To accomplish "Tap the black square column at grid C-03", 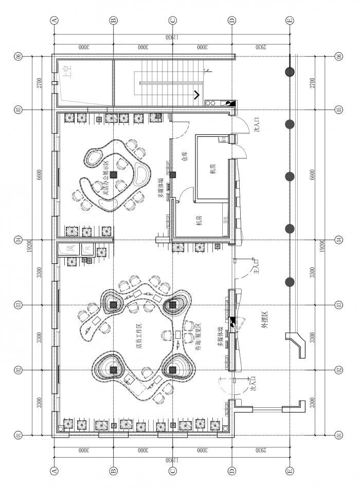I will coord(173,305).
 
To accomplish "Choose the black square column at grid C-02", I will coord(173,370).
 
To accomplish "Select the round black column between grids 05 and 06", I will coord(290,71).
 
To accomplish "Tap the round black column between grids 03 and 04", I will coord(290,281).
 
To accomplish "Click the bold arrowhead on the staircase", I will coord(197,95).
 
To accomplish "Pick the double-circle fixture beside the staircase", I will coord(211,103).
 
